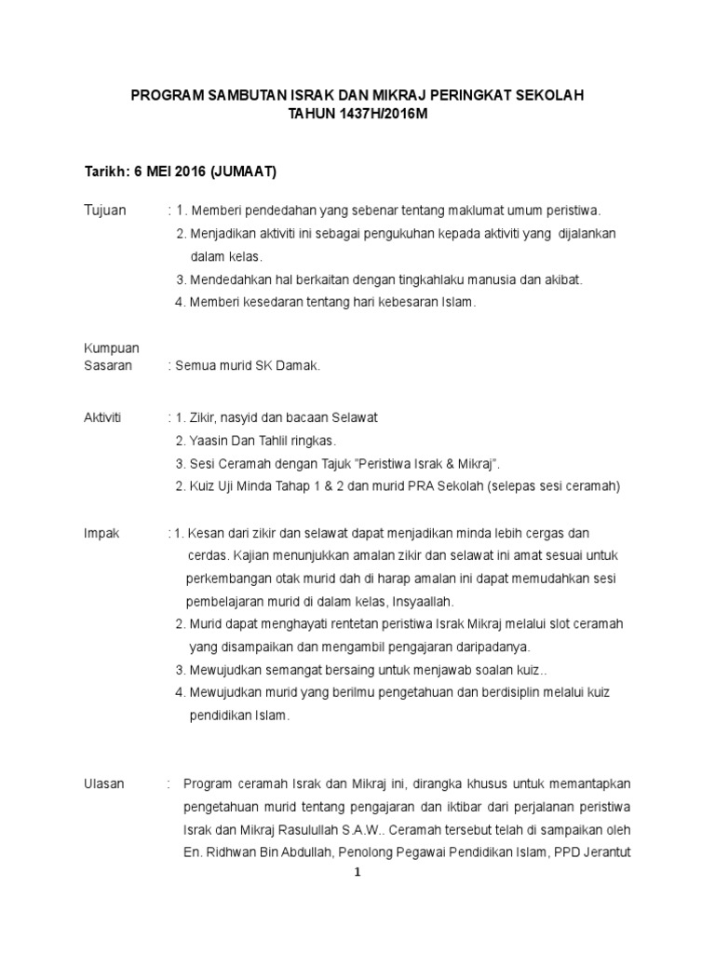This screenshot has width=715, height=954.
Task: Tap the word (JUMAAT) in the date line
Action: click(244, 172)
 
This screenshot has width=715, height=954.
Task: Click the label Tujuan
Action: click(105, 210)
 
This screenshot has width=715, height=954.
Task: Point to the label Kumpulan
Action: click(112, 348)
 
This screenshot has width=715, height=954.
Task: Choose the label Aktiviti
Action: click(103, 416)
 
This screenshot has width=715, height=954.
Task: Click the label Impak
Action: click(101, 533)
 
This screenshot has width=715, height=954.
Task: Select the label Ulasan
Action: click(104, 784)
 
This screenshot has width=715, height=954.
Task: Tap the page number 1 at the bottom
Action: click(357, 873)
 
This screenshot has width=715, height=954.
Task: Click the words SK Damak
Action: click(293, 366)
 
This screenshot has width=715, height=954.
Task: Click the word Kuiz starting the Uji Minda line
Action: click(204, 485)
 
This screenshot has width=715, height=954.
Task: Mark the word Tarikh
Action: click(105, 172)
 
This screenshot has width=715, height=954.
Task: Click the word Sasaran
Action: click(108, 366)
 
